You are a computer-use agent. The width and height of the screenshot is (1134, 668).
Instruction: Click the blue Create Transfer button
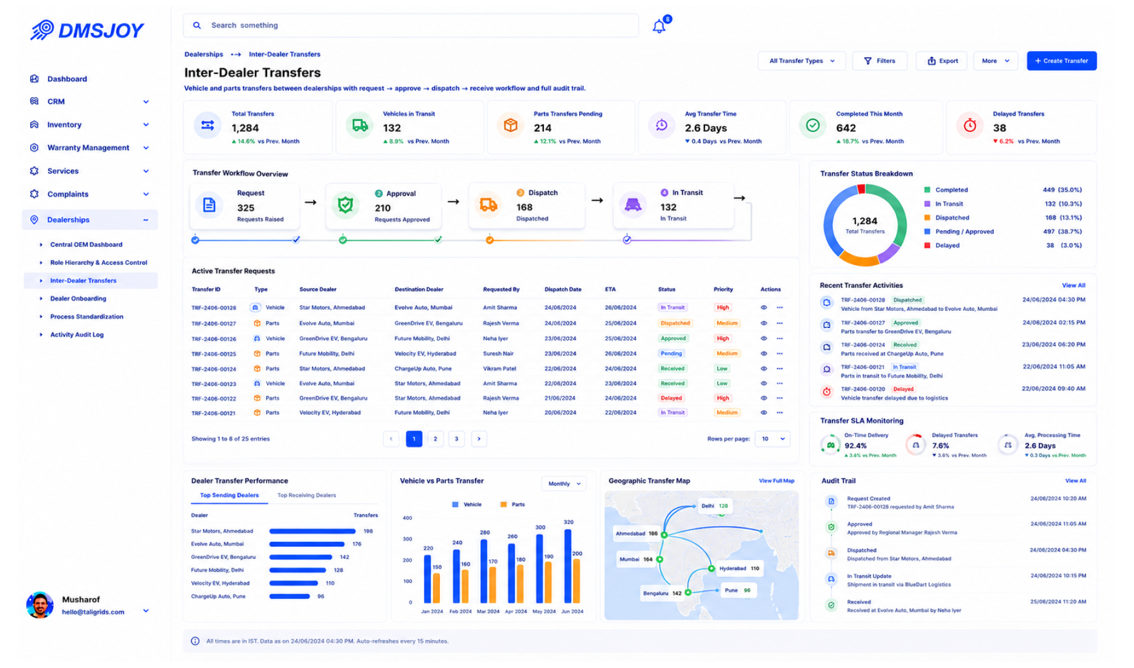tap(1061, 61)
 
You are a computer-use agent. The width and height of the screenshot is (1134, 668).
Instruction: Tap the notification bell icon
tap(659, 26)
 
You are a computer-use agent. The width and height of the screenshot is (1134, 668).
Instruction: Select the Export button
tap(942, 61)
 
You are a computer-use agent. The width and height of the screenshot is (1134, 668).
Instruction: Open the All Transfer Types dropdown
tap(801, 61)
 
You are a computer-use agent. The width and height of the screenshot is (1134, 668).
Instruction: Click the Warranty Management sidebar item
tap(88, 147)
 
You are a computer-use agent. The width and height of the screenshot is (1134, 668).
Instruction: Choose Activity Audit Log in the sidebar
tap(77, 335)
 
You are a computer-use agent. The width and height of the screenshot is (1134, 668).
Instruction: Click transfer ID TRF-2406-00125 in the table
tap(214, 354)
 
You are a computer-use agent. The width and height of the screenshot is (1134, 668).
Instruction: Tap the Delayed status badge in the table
tap(671, 398)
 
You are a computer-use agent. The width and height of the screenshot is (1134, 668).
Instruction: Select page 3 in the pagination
tap(457, 439)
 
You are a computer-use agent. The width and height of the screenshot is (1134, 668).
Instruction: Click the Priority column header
tap(723, 289)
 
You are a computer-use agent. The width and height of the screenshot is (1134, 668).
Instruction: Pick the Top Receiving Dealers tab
tap(307, 495)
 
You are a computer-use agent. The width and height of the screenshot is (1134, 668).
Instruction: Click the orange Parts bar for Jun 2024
tap(577, 581)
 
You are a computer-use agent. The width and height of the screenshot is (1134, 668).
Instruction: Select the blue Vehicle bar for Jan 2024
tap(427, 579)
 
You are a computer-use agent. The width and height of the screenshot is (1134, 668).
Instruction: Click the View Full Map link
tap(777, 481)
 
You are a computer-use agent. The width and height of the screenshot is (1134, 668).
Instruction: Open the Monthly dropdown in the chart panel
tap(564, 484)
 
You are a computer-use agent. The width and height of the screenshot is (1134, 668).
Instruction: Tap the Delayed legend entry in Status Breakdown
tap(947, 245)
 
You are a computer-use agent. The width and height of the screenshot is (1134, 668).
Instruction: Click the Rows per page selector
tap(772, 439)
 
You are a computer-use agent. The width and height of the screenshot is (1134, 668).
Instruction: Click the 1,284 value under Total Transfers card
tap(245, 128)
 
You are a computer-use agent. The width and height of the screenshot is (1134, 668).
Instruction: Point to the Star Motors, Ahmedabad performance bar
tap(313, 531)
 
